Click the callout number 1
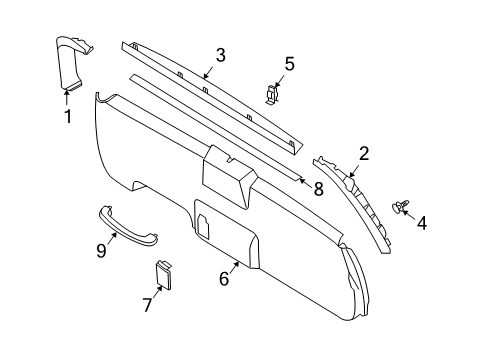pyautogui.click(x=68, y=116)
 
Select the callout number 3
pyautogui.click(x=220, y=56)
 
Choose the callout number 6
pyautogui.click(x=225, y=279)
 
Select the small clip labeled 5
pyautogui.click(x=272, y=95)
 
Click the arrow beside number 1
pyautogui.click(x=67, y=97)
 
